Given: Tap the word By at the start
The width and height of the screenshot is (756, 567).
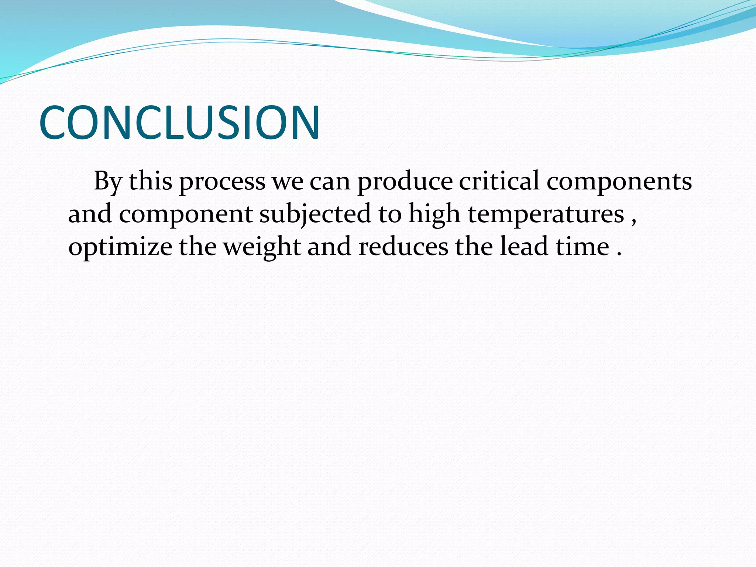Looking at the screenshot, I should pyautogui.click(x=107, y=182).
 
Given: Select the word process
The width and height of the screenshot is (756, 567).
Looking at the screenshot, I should pyautogui.click(x=222, y=182).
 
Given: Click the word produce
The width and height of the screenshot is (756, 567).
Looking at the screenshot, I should pyautogui.click(x=405, y=182).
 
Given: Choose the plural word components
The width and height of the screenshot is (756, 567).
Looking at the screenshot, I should pyautogui.click(x=619, y=182).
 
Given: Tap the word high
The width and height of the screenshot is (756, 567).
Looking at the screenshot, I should pyautogui.click(x=434, y=214).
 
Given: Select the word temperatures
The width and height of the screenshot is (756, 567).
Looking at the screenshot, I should pyautogui.click(x=546, y=215).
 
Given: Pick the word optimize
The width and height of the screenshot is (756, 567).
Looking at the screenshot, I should pyautogui.click(x=120, y=247).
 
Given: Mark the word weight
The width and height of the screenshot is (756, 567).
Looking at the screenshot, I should pyautogui.click(x=262, y=247).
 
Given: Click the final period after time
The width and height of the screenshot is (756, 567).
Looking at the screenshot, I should pyautogui.click(x=619, y=254).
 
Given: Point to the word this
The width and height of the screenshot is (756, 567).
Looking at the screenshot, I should pyautogui.click(x=151, y=181).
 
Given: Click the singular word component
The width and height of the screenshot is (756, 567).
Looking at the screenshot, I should pyautogui.click(x=186, y=215).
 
